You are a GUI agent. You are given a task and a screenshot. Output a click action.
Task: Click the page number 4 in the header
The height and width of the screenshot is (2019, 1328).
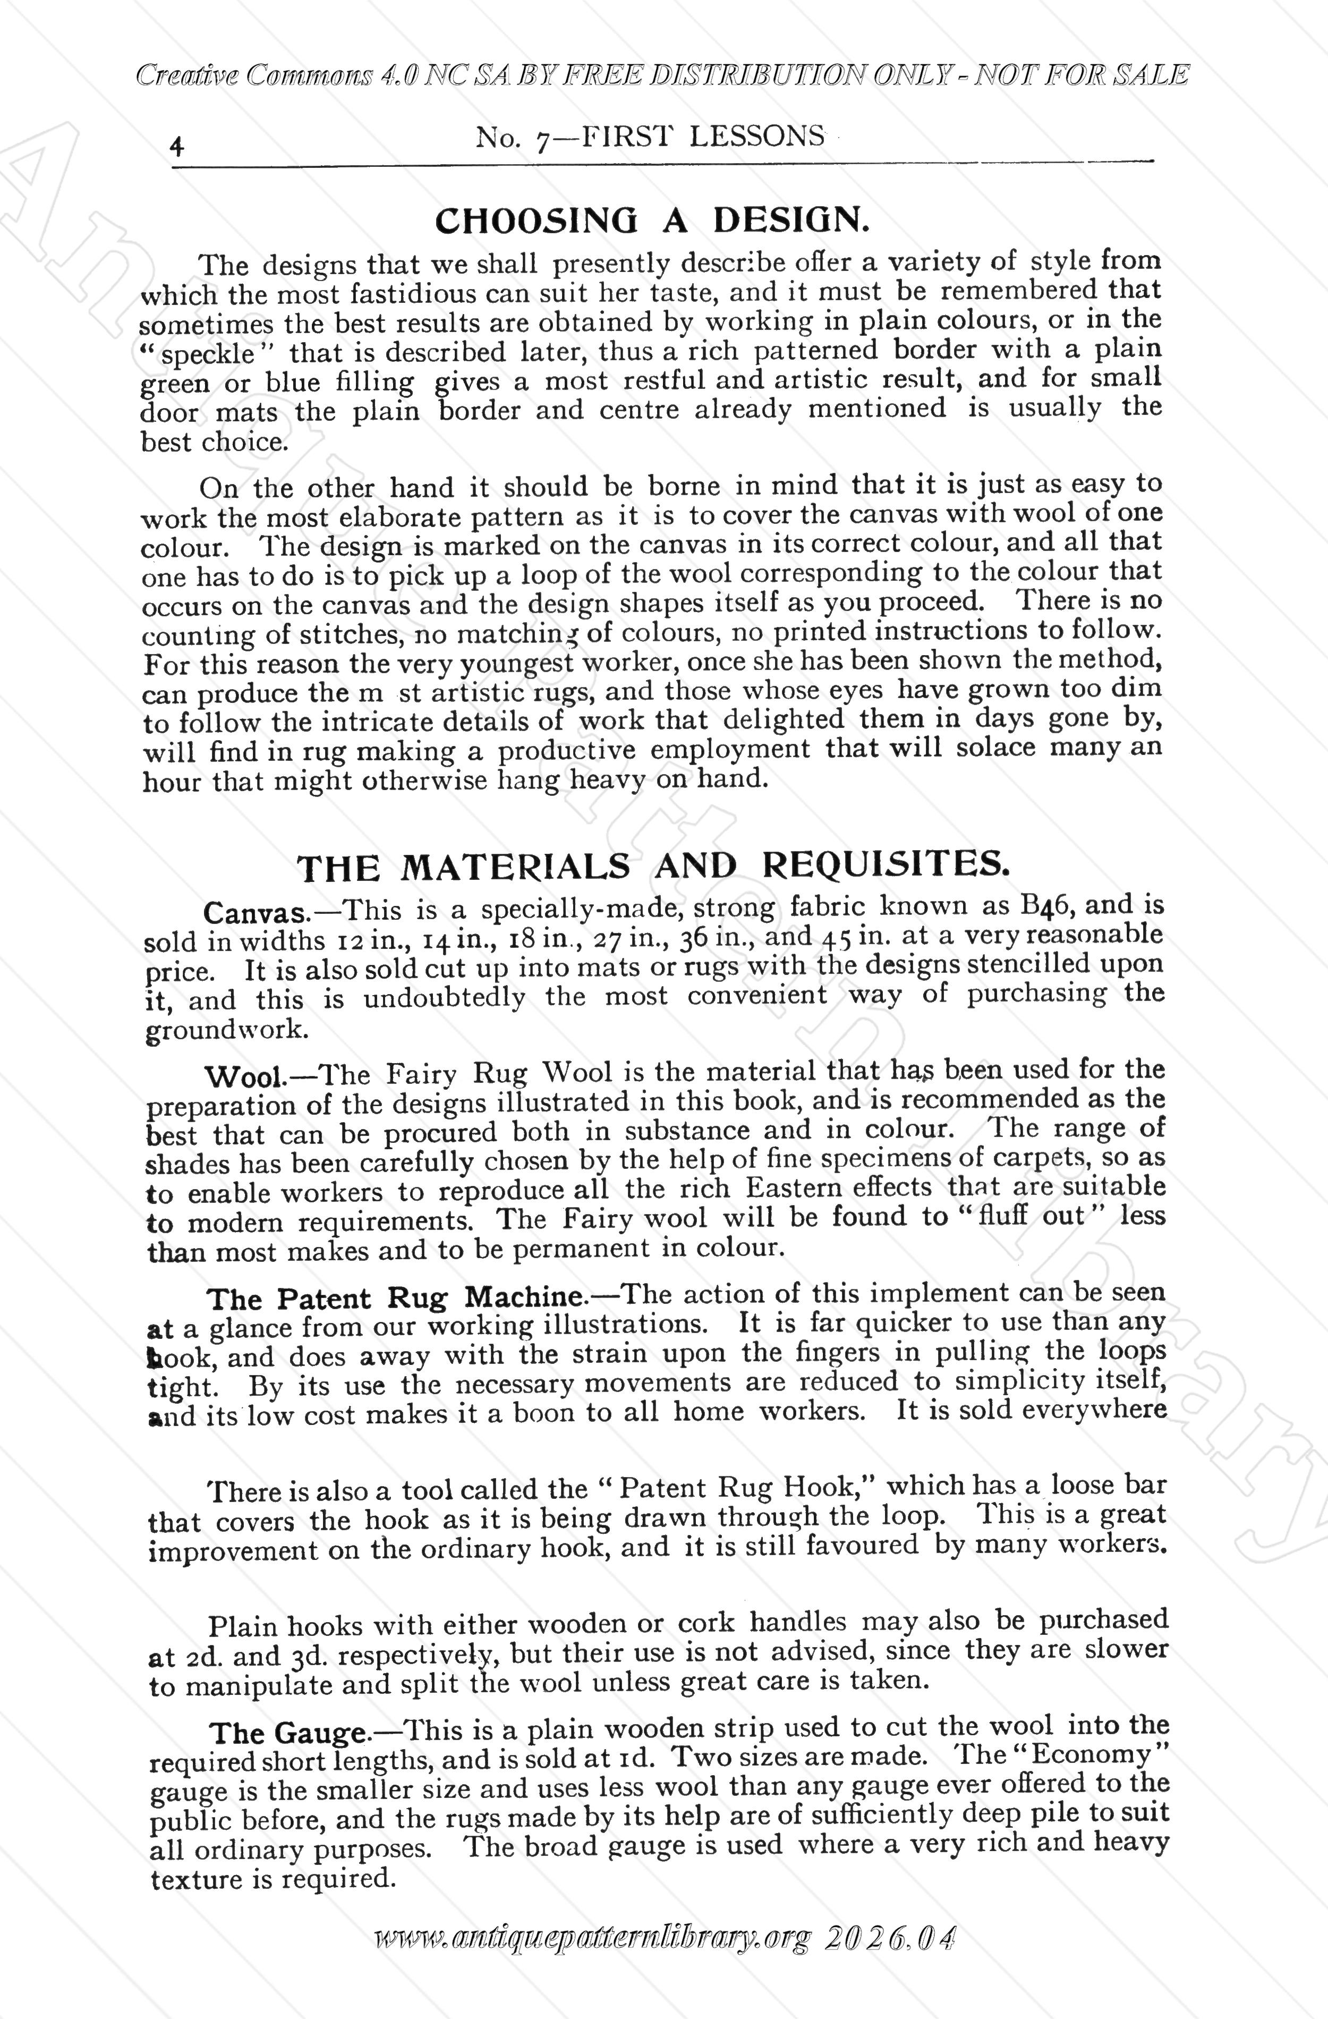(177, 146)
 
